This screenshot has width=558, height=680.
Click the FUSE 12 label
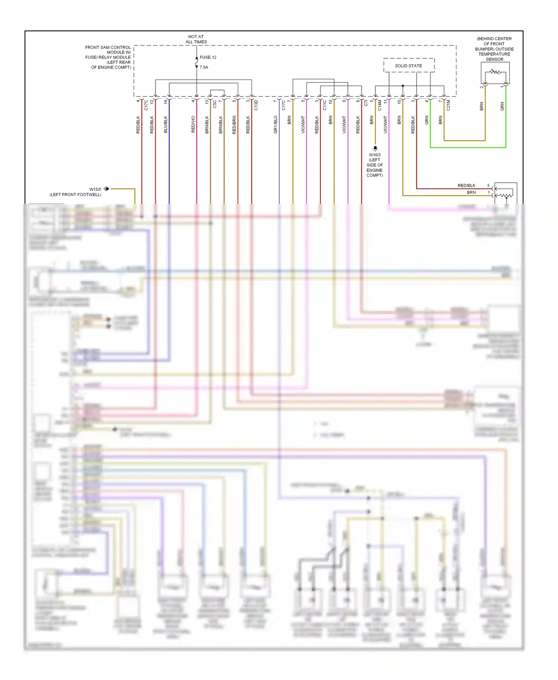pos(208,57)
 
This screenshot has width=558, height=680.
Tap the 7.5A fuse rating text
pos(204,67)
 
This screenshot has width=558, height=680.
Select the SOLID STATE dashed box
pos(408,65)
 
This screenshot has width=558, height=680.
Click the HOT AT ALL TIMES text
pos(196,39)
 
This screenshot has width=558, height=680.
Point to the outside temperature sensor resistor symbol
pos(495,72)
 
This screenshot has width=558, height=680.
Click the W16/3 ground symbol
pos(375,148)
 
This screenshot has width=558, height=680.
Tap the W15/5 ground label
pos(95,189)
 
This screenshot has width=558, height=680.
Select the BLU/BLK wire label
pos(166,125)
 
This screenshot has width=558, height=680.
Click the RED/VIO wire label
pos(193,125)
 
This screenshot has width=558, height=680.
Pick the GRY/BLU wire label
pos(275,125)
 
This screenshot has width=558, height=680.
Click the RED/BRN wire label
pos(234,125)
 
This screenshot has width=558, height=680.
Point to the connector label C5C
pos(215,104)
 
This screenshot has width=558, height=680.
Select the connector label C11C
pos(324,105)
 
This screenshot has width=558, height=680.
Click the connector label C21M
pos(448,105)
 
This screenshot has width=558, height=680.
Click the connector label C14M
pos(379,105)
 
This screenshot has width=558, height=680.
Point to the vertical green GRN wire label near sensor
pos(502,106)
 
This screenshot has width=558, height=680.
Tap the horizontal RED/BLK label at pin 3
pos(466,186)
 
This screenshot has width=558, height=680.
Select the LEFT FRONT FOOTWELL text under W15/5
pos(76,195)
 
